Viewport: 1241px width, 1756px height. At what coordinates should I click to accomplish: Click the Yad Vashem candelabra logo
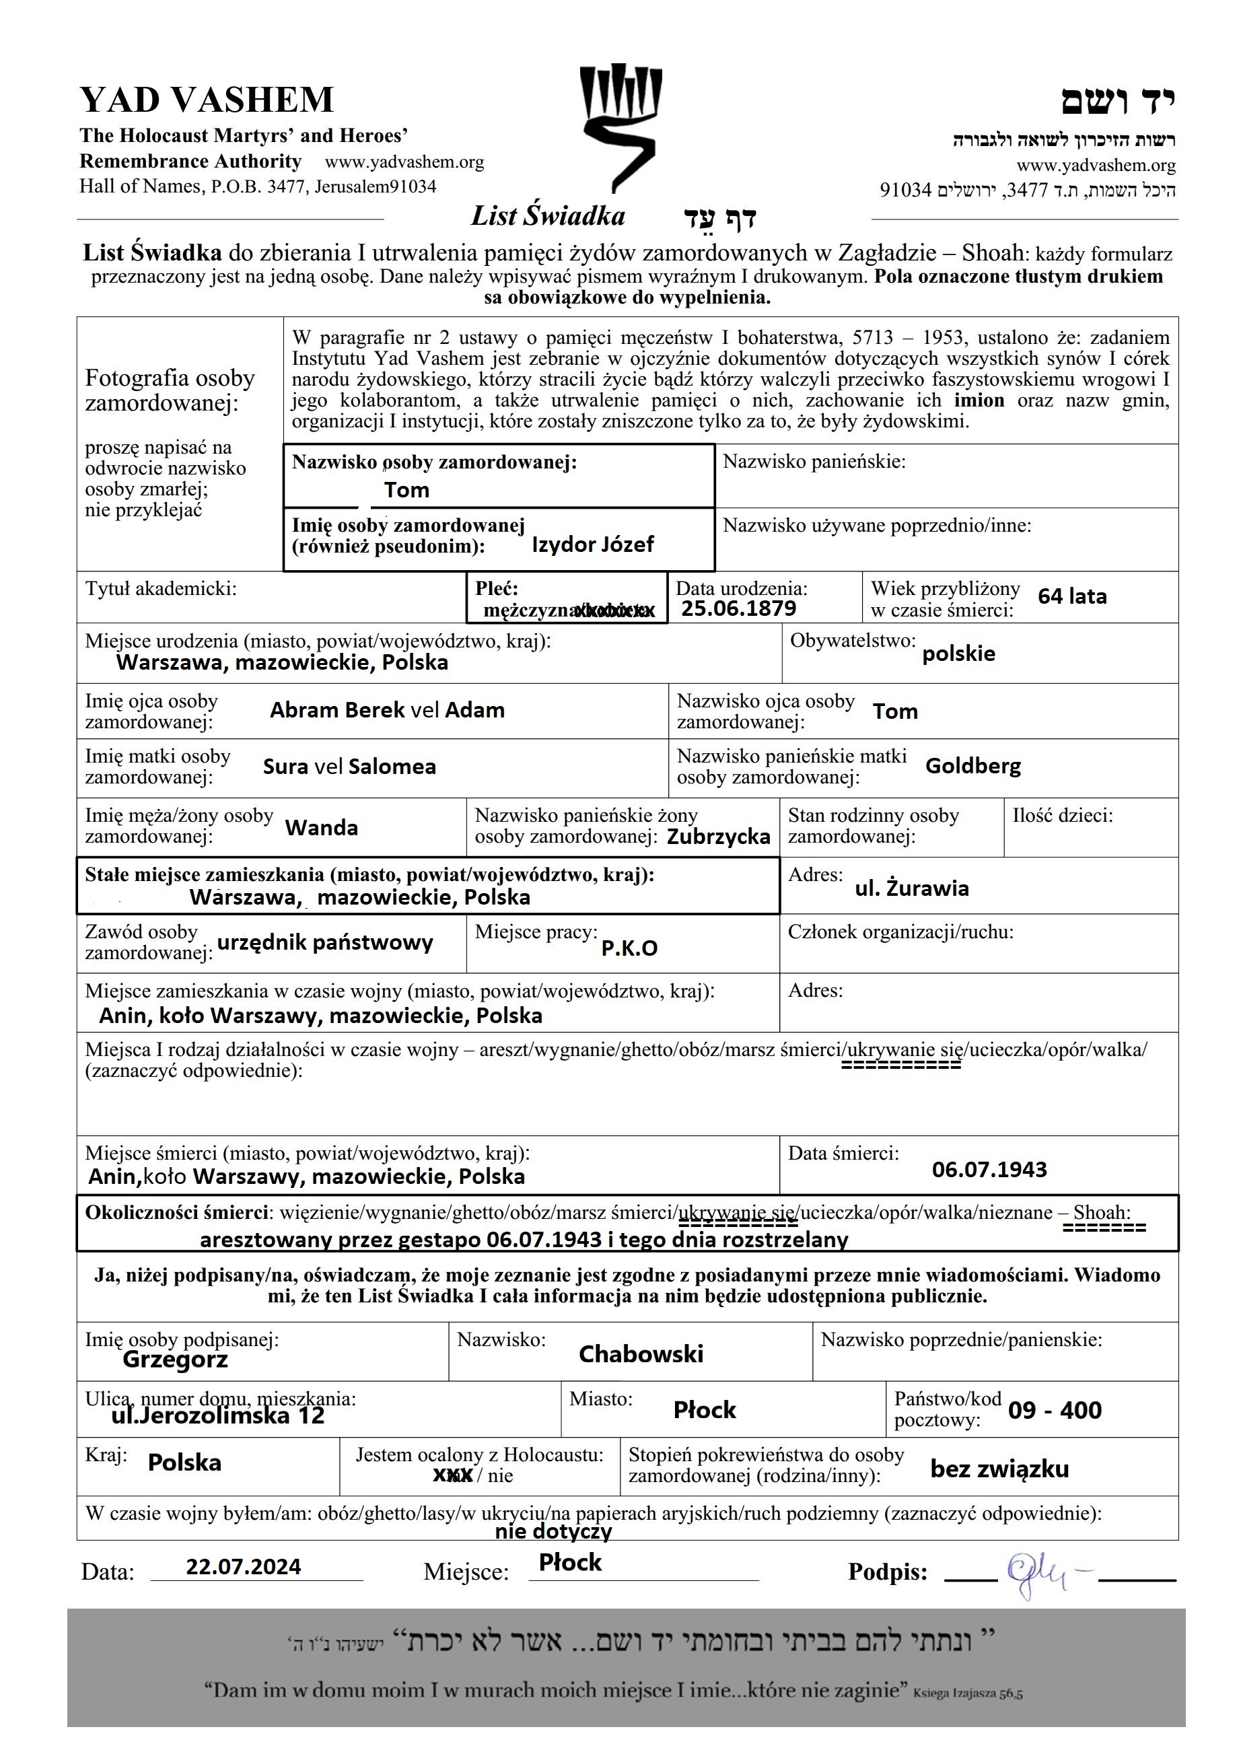620,126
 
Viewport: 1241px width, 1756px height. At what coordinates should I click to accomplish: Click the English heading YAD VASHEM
207,100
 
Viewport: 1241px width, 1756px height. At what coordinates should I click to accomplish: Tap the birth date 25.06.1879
739,609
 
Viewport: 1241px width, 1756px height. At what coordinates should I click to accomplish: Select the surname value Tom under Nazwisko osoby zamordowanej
406,490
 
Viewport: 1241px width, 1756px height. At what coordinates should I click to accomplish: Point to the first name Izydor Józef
593,545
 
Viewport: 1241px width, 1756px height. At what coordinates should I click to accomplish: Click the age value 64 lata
1072,596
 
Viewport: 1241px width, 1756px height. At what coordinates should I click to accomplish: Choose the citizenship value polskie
958,654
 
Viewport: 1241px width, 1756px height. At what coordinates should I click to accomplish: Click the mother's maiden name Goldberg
972,765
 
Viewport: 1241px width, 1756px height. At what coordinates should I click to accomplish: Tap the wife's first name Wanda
321,828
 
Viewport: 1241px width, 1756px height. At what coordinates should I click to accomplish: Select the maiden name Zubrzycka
718,837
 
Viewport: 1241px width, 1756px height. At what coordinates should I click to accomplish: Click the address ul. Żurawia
911,888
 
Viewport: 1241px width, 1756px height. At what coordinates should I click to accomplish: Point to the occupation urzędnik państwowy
325,942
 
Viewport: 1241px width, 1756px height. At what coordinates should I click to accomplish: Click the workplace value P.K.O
629,948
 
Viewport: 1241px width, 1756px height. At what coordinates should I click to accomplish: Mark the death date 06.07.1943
989,1168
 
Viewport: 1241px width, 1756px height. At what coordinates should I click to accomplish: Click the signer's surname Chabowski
641,1354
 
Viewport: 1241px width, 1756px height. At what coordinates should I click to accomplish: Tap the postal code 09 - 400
1055,1410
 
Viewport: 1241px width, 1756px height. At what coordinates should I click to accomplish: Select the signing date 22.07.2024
243,1567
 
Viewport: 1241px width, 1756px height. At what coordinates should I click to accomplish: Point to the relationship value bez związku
999,1469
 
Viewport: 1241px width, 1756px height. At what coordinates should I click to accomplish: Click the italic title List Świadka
547,217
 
